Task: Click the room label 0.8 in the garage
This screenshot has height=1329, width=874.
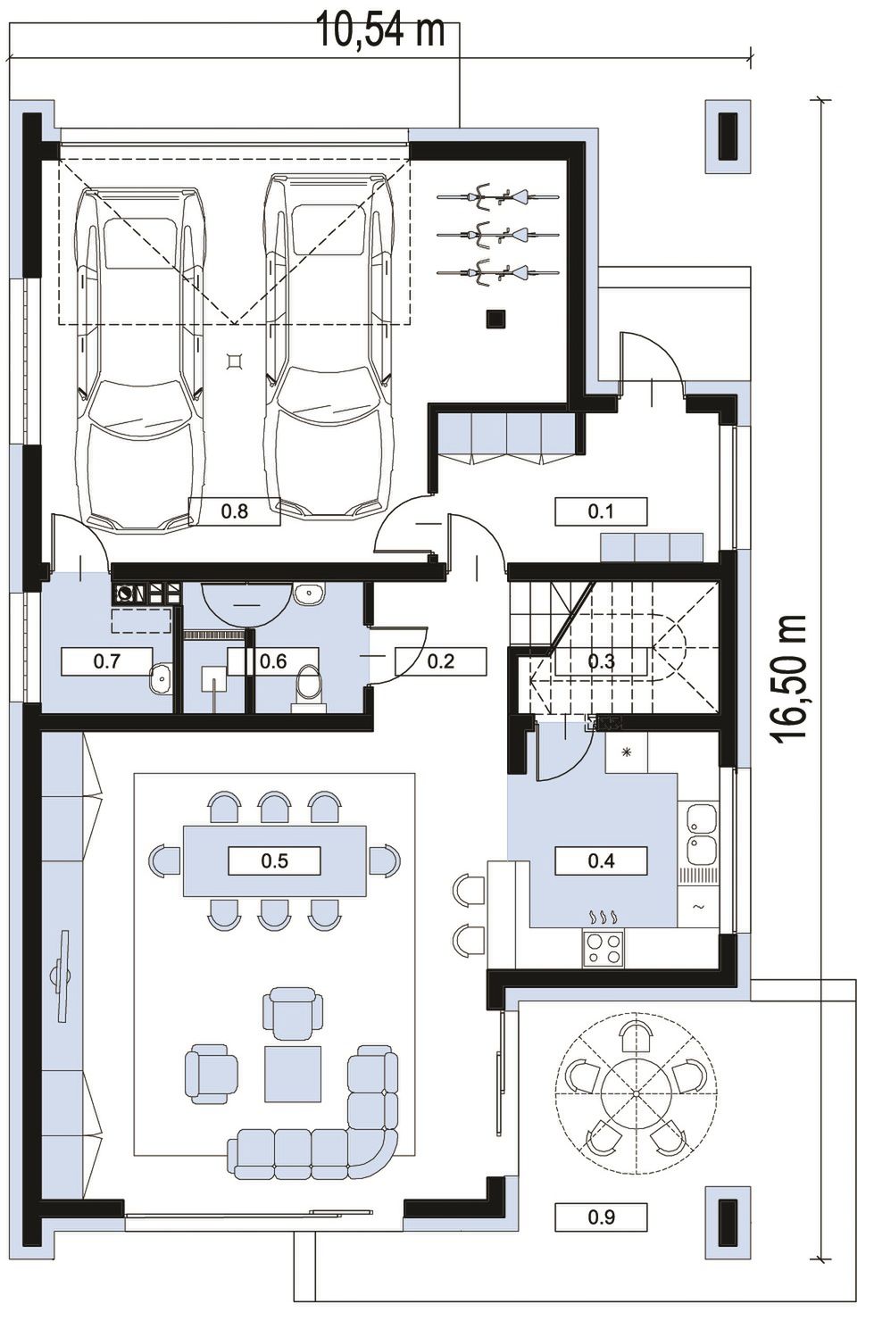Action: [235, 511]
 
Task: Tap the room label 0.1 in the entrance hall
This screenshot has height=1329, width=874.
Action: [601, 511]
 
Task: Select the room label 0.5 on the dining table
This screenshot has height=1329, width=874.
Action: [274, 860]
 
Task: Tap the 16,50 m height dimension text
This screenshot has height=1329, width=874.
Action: [790, 677]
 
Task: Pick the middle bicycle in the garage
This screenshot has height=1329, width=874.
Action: [498, 235]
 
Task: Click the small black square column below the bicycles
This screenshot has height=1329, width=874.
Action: [495, 319]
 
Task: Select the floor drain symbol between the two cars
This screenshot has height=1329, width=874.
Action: [236, 361]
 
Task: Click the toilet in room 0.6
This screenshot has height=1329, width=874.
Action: [309, 687]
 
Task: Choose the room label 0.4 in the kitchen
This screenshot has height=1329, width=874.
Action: [601, 860]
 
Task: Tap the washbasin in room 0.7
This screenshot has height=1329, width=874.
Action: [160, 678]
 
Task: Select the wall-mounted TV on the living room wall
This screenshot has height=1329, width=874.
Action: [62, 976]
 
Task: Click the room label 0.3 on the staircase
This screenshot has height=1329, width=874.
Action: [601, 661]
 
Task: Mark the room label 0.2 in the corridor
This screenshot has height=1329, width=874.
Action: [441, 661]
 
